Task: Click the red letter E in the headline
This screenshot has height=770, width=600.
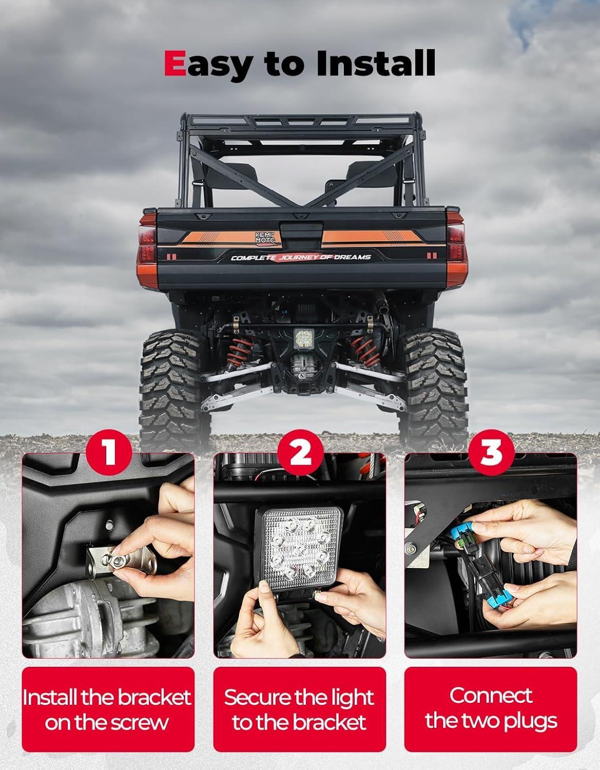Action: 175,63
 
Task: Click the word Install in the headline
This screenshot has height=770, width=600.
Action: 376,63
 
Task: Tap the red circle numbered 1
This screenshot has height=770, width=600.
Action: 109,452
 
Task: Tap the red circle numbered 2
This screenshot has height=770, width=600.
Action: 300,452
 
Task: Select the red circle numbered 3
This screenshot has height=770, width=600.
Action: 491,452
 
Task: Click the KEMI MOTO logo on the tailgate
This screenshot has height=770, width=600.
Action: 265,237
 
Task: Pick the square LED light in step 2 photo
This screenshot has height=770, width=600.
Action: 299,548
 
